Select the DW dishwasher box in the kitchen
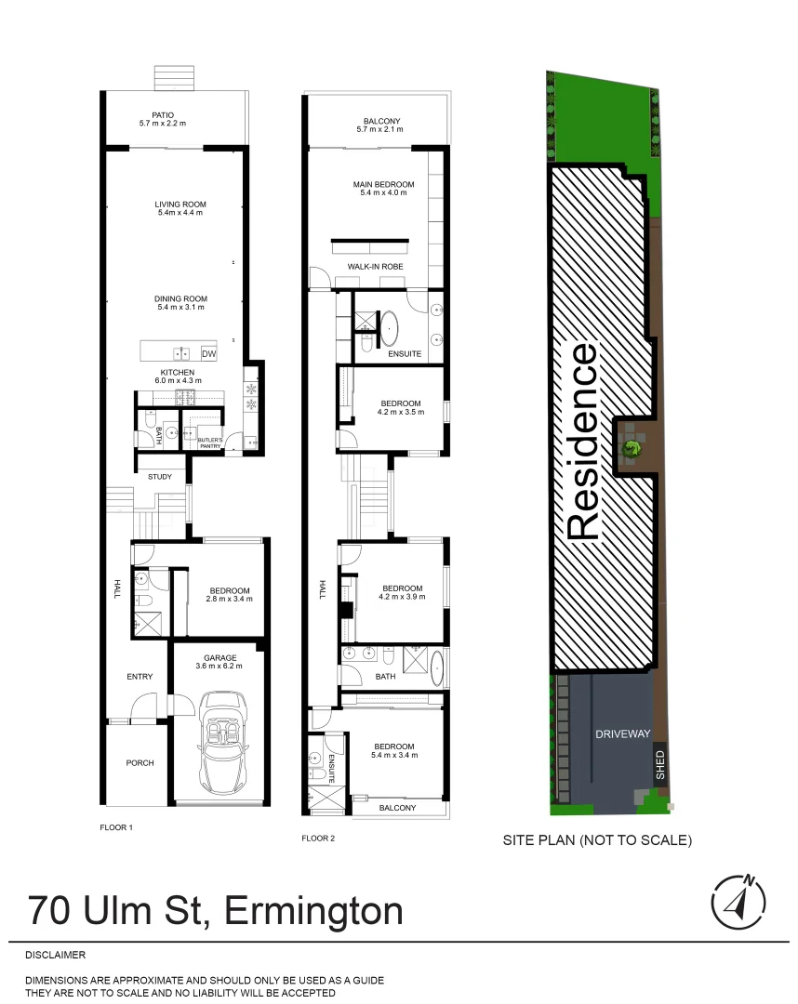click(208, 354)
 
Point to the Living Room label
click(180, 205)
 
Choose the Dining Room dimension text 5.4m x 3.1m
click(180, 307)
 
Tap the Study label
click(160, 477)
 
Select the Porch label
click(140, 763)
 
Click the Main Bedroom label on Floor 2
click(383, 184)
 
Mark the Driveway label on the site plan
click(622, 733)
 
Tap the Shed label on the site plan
click(660, 766)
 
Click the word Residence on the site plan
click(583, 442)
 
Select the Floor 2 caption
click(317, 839)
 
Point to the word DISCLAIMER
click(55, 955)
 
